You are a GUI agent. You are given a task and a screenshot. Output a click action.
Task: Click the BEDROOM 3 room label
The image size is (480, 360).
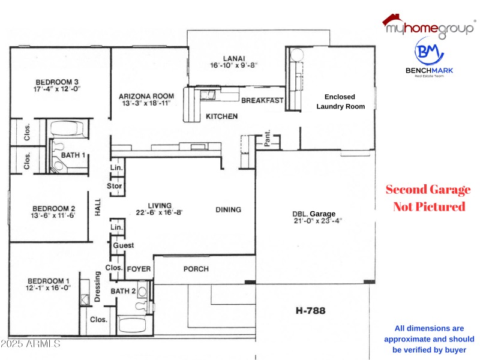pyautogui.click(x=58, y=82)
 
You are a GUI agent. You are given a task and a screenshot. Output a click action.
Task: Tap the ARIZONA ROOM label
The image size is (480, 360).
pyautogui.click(x=146, y=96)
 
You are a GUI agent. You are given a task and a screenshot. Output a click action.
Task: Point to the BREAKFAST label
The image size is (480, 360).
pyautogui.click(x=262, y=101)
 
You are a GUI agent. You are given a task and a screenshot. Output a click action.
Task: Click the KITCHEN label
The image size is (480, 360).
pyautogui.click(x=221, y=116)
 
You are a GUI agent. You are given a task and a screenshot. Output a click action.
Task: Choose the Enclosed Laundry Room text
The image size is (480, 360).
pyautogui.click(x=340, y=101)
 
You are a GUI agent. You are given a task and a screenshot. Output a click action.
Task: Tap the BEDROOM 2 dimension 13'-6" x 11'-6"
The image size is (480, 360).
pyautogui.click(x=53, y=215)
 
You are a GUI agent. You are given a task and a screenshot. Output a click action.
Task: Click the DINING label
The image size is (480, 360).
pyautogui.click(x=228, y=209)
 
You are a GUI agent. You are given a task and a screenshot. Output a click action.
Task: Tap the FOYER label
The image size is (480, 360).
pyautogui.click(x=139, y=269)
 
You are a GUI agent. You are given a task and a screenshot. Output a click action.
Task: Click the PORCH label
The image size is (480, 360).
pyautogui.click(x=196, y=269)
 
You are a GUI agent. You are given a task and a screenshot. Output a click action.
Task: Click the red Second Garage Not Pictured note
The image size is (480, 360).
pyautogui.click(x=428, y=198)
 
